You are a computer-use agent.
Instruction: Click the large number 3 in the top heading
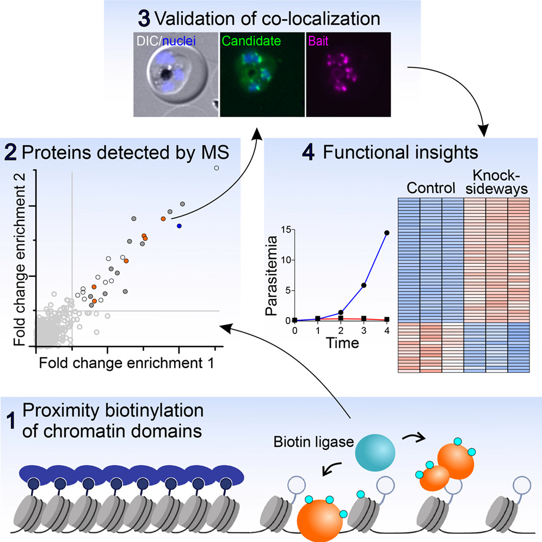point(144,19)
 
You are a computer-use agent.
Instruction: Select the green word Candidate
point(251,41)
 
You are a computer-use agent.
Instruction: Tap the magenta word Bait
point(318,41)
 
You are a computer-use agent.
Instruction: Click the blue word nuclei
point(179,41)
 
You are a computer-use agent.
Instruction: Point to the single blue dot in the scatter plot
point(179,226)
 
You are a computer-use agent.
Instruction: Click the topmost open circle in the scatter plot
point(217,168)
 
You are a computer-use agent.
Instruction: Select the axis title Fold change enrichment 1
point(126,363)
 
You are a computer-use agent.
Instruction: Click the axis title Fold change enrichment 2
point(20,259)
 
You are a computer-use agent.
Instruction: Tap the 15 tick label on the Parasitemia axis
point(286,230)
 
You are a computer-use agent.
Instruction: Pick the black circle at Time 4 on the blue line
point(387,233)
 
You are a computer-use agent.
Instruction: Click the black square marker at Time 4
point(387,319)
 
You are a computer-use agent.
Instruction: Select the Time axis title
point(342,343)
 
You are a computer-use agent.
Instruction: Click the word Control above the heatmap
point(431,188)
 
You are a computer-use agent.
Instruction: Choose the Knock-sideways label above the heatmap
point(497,182)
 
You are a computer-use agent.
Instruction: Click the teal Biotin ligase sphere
point(375,453)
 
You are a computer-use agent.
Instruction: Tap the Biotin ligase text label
point(314,442)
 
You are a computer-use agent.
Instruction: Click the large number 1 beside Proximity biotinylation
point(11,421)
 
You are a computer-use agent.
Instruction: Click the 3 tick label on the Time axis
point(364,331)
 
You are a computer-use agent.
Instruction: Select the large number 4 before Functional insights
point(309,152)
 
